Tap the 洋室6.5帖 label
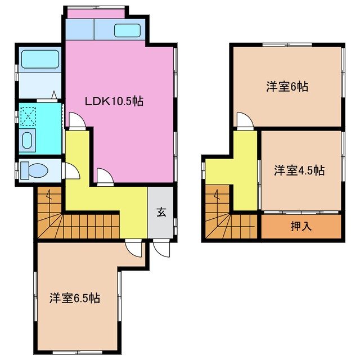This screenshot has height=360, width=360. click(x=74, y=298)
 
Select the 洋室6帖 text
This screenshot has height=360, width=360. click(x=287, y=87)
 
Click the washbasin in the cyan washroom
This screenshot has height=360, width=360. click(x=27, y=139)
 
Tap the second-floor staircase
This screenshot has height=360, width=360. click(x=225, y=214)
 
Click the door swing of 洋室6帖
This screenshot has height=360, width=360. click(x=244, y=120)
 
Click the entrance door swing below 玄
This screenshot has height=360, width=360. click(x=161, y=248)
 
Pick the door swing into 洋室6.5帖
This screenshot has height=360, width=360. click(x=134, y=248)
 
